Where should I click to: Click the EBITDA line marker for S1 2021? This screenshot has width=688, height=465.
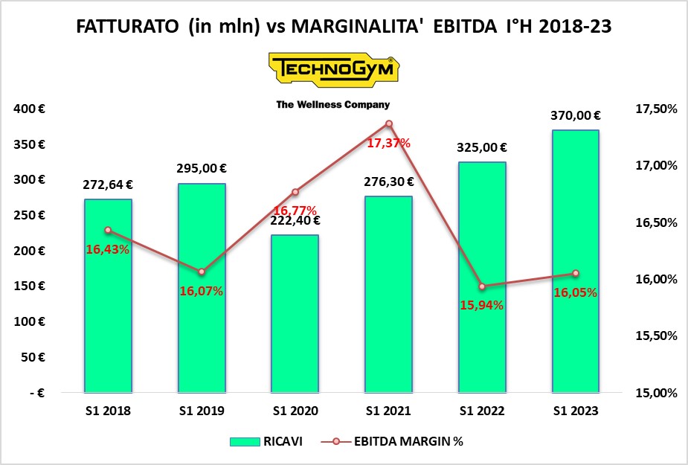(388, 124)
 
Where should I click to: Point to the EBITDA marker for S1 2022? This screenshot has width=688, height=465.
(482, 286)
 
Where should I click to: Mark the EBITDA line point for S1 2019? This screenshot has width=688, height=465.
(202, 272)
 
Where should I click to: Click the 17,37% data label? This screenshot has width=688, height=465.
(388, 142)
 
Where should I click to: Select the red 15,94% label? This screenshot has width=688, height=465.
(482, 304)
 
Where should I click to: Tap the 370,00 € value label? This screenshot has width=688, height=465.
(576, 115)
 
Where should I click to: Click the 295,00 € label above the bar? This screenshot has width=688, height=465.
(202, 168)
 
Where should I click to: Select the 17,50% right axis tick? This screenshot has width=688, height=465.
(657, 109)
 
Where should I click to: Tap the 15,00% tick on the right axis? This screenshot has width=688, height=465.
(657, 393)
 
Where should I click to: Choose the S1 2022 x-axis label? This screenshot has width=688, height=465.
(482, 411)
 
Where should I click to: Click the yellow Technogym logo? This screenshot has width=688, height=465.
(332, 69)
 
